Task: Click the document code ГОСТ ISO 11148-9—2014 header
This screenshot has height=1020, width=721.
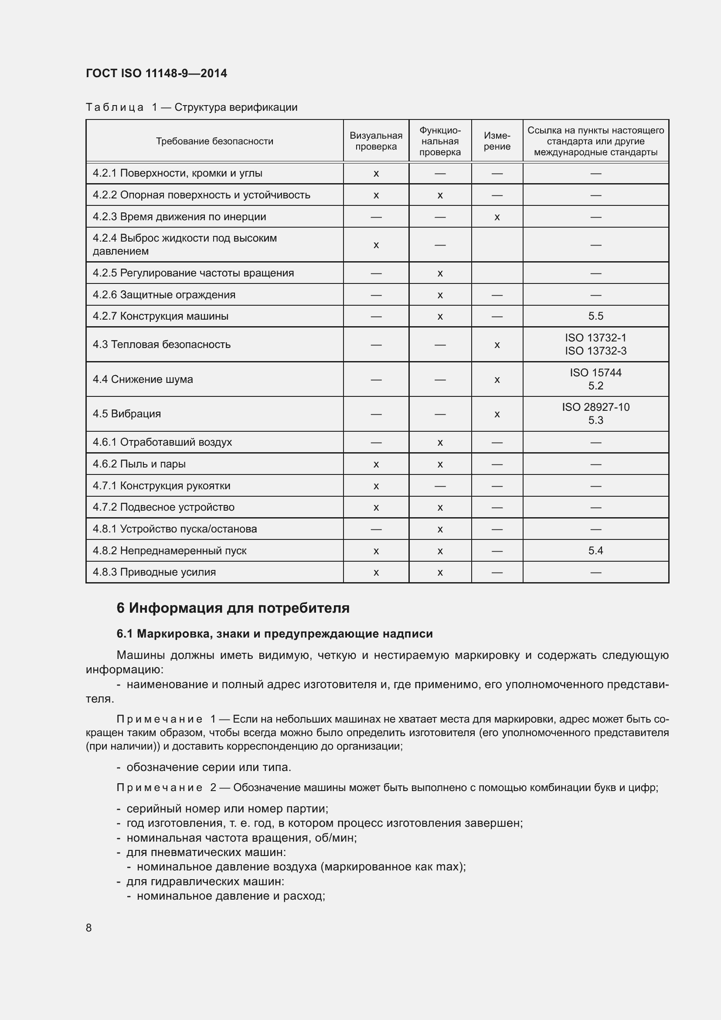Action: (x=156, y=73)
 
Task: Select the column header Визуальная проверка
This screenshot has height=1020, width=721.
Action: (x=376, y=141)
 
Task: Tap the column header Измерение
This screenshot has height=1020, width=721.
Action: (x=497, y=141)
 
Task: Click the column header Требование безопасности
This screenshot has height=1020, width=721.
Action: (x=214, y=141)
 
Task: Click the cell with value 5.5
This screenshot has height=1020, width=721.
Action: (x=595, y=316)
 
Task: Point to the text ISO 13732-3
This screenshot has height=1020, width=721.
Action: (x=595, y=351)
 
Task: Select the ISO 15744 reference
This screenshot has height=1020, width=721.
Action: (x=595, y=373)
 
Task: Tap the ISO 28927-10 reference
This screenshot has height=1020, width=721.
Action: (x=595, y=407)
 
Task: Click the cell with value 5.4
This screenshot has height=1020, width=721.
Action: (x=595, y=551)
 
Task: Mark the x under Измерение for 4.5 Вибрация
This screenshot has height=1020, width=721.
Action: (x=497, y=414)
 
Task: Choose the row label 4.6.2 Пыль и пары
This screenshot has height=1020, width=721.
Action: (x=139, y=464)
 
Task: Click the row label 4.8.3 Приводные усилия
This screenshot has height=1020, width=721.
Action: (x=154, y=572)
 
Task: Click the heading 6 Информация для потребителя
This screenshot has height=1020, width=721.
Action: (x=233, y=608)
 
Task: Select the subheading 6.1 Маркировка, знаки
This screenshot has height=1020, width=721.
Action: (x=274, y=634)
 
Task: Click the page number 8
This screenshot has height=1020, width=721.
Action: (x=89, y=928)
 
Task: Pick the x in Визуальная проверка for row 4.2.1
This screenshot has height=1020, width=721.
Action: (x=376, y=174)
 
